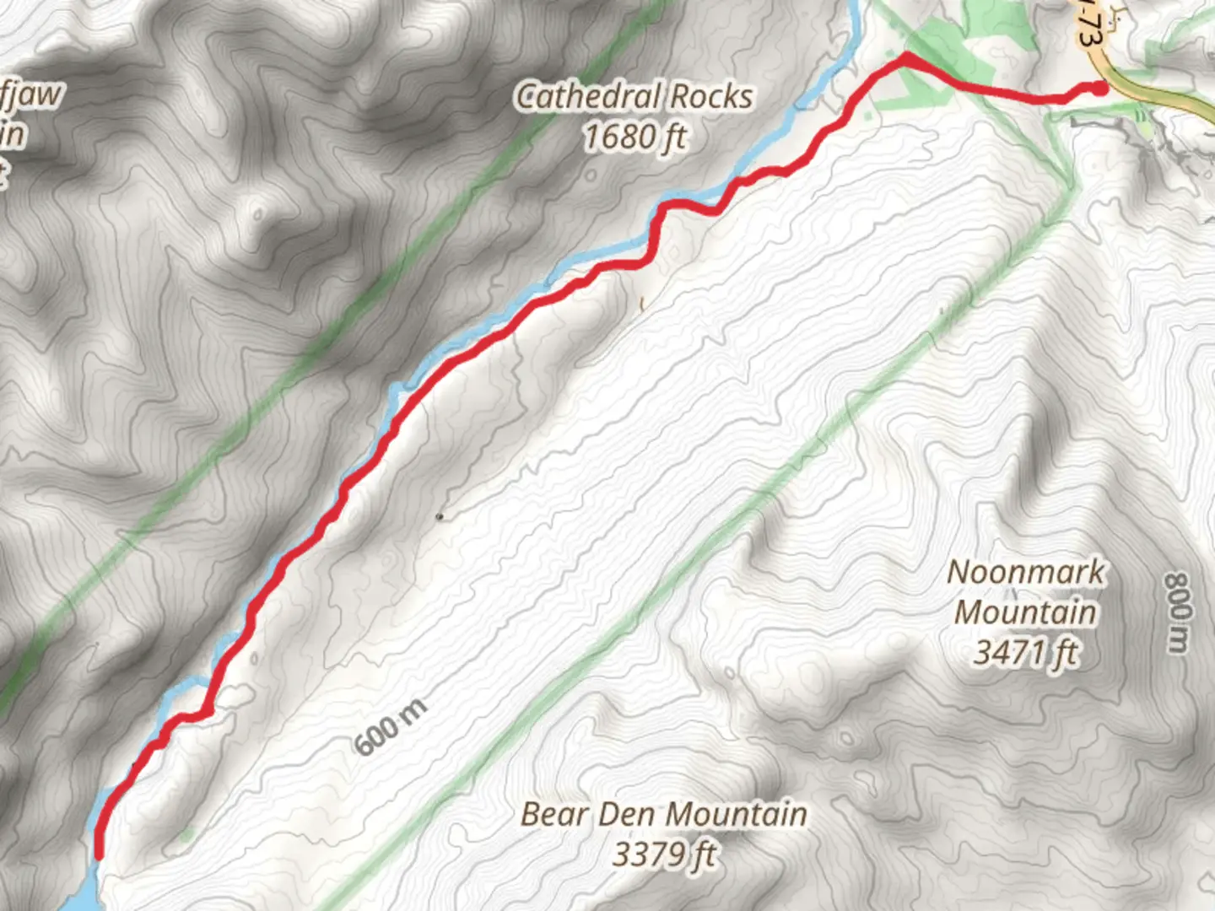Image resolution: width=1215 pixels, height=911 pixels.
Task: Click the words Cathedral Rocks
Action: [634, 96]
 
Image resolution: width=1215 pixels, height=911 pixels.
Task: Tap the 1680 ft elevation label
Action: [635, 136]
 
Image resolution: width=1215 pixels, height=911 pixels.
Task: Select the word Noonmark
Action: [1025, 572]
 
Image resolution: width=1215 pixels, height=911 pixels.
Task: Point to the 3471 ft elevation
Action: [1026, 652]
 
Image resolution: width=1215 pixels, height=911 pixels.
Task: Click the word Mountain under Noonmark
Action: [1025, 612]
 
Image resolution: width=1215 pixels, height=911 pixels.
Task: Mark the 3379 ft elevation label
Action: [664, 854]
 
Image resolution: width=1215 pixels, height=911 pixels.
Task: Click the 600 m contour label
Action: [391, 727]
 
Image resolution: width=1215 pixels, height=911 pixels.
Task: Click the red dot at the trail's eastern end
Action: [1100, 88]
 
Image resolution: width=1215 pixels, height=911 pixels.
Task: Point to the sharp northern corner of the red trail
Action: [905, 56]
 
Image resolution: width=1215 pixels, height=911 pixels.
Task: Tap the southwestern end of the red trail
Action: [100, 854]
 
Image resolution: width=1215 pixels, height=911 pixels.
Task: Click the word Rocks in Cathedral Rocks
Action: [710, 96]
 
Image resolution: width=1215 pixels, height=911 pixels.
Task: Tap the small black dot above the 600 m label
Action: [439, 516]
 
